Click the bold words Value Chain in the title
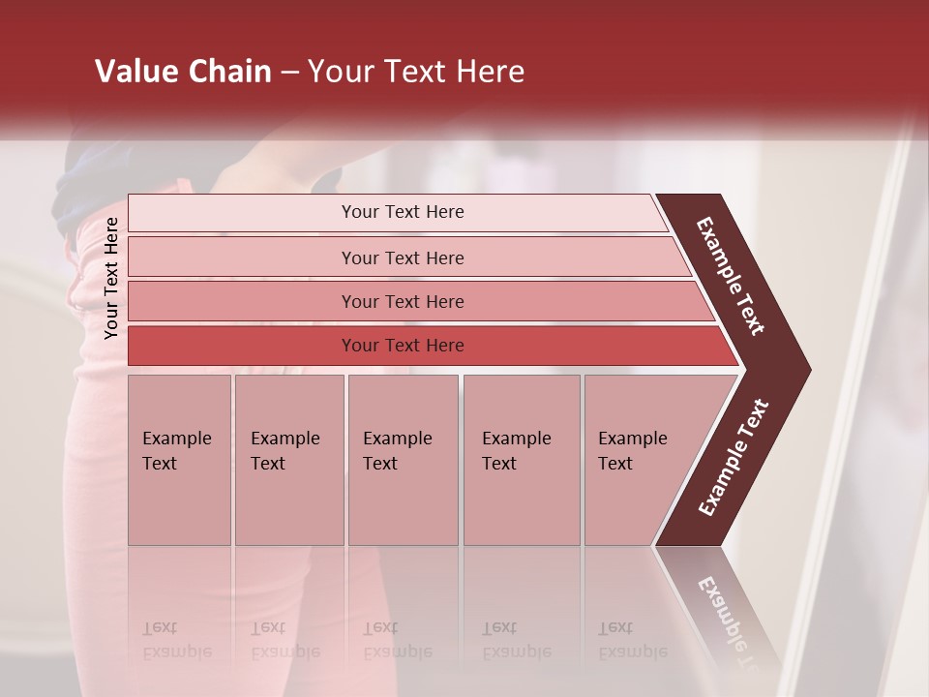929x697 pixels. (183, 72)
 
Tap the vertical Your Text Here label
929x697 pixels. (111, 278)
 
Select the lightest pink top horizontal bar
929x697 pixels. (242, 213)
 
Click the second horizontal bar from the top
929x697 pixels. (242, 258)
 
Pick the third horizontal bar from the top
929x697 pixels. (242, 301)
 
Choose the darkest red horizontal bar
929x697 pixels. (242, 346)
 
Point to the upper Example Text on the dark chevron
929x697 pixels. (731, 276)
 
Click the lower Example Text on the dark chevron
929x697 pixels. (734, 457)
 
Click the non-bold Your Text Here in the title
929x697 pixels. (416, 72)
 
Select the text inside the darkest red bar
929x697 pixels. (403, 346)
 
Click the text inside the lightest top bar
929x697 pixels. (403, 212)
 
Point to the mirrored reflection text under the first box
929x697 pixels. (176, 640)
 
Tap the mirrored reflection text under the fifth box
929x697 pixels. (632, 640)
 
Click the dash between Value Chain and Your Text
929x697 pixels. (289, 73)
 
